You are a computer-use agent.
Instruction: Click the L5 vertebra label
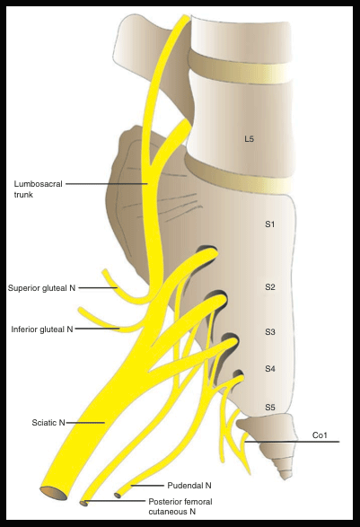[249, 139]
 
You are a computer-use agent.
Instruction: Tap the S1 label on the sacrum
[270, 224]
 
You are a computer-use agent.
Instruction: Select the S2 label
[270, 287]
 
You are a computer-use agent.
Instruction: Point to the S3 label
[270, 331]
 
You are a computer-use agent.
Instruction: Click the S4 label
[270, 369]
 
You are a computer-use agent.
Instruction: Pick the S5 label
[270, 408]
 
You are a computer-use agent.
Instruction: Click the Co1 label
[320, 435]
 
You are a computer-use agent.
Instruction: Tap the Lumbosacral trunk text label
[38, 189]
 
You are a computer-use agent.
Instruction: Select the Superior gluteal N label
[41, 288]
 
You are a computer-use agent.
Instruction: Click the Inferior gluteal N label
[42, 329]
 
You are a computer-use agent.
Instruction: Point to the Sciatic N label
[48, 423]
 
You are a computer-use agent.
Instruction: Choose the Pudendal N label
[189, 486]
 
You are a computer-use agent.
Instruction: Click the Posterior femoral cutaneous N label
[180, 506]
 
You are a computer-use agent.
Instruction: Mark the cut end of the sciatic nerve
[54, 493]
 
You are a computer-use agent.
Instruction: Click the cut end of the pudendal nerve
[118, 495]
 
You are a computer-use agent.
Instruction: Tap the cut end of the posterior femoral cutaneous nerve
[83, 503]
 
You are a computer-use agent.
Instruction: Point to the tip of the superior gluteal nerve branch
[105, 270]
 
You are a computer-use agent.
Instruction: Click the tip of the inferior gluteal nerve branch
[81, 310]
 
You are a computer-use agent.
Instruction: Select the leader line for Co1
[292, 442]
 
